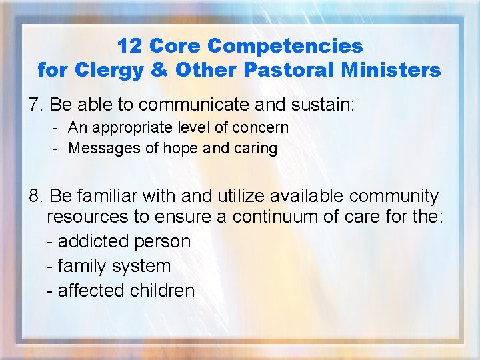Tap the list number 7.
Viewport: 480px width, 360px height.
[35, 105]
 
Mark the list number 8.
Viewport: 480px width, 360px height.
[35, 196]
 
